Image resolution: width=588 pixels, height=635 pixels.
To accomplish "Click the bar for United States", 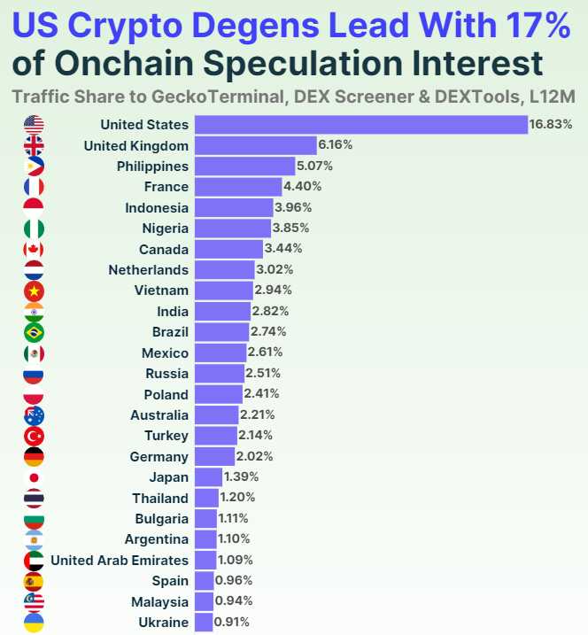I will pos(360,125).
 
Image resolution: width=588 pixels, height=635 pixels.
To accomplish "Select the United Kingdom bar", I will pos(255,145).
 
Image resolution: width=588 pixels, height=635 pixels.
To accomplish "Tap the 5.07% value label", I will pos(316,166).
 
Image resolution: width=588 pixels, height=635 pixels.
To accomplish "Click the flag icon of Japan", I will pos(34,477).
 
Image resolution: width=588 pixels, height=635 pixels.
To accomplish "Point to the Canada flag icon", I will pos(34,249).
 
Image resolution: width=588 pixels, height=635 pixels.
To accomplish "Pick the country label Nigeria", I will pos(166,228).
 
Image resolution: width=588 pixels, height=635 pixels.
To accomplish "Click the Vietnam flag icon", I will pos(34,290).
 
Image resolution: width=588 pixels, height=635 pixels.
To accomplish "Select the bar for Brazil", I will pos(221,332).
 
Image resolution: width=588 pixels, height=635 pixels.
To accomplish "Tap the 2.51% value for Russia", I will pos(265,374).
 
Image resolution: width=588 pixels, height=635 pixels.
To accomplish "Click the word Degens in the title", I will pos(256,27).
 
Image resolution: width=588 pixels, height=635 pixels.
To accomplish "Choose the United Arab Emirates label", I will pos(120,560).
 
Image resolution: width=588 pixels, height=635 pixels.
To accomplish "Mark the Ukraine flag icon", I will pos(34,623).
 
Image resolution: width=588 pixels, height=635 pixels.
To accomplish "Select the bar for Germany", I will pos(214,457).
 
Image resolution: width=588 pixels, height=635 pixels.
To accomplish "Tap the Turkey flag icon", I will pos(34,436).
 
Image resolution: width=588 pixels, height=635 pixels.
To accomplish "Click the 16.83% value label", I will pos(551,125).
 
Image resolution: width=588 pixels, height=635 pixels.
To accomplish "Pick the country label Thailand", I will pos(160,498).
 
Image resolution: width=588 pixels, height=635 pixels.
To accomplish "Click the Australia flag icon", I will pos(34,415).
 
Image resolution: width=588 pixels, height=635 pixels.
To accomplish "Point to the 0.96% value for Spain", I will pos(234,581).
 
